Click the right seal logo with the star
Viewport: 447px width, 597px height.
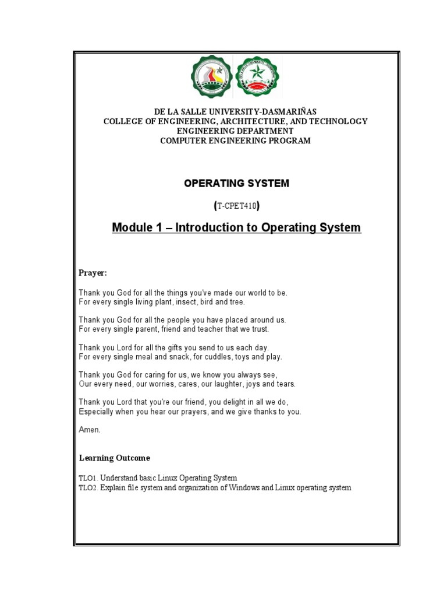click(x=257, y=76)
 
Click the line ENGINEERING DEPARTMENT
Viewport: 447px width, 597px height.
click(x=236, y=131)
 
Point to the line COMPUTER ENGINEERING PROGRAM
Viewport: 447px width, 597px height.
click(x=236, y=141)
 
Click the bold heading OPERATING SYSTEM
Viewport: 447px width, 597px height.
click(x=236, y=183)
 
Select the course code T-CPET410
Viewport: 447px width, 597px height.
click(x=236, y=205)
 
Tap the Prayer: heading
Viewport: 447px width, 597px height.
click(x=93, y=273)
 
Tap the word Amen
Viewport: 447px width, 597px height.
click(x=90, y=430)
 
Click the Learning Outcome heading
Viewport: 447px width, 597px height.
click(x=114, y=458)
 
